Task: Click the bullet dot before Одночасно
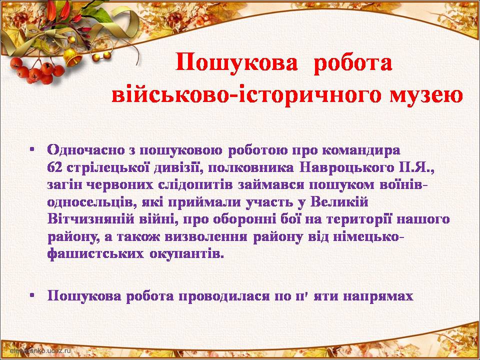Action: [x=32, y=150]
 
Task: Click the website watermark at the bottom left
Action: [x=40, y=350]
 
